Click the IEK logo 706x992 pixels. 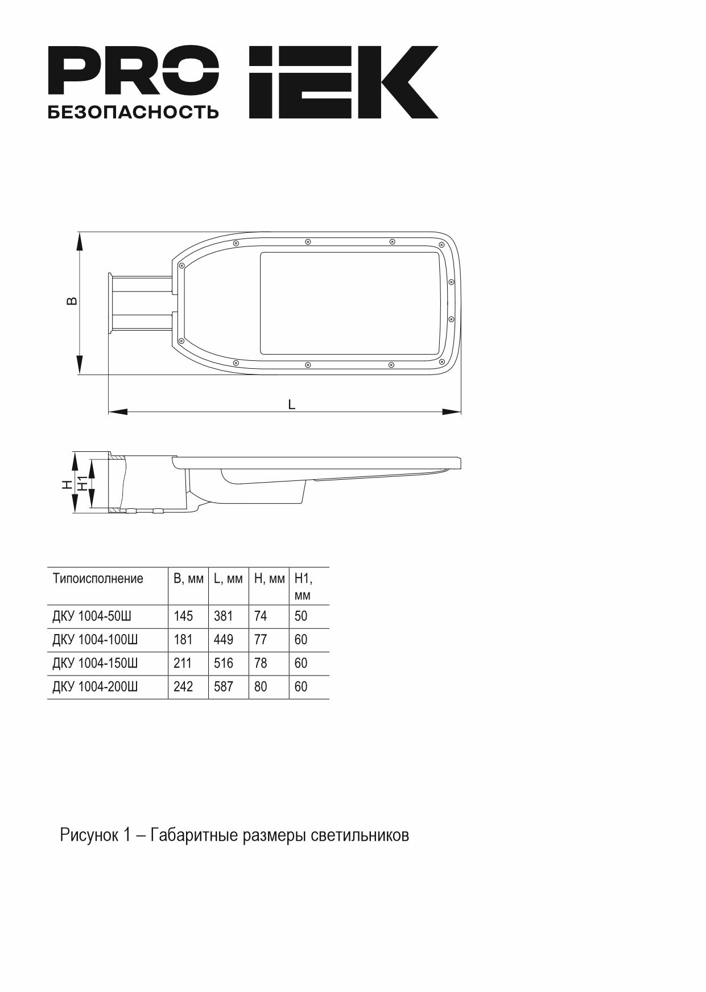point(344,82)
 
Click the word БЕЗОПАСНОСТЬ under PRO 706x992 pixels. point(133,112)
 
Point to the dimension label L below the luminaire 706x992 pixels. point(292,404)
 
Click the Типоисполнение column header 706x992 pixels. point(98,579)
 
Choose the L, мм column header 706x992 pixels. point(228,579)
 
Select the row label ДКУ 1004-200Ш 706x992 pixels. point(95,687)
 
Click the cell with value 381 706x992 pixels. point(224,616)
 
